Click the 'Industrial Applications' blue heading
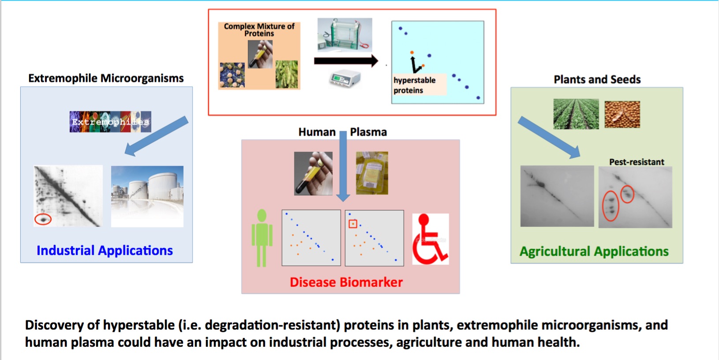click(x=105, y=251)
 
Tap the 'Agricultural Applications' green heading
click(x=594, y=251)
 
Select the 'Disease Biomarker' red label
click(x=346, y=282)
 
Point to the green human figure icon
click(x=262, y=238)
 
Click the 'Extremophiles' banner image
click(x=110, y=122)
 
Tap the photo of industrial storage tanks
click(x=147, y=196)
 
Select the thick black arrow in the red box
click(x=346, y=61)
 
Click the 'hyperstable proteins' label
click(x=414, y=85)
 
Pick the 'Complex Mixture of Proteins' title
click(x=259, y=30)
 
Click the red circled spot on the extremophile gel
click(x=43, y=219)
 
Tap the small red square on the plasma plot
click(x=353, y=224)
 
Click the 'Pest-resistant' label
click(x=637, y=162)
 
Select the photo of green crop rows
click(x=576, y=114)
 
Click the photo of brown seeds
click(x=622, y=114)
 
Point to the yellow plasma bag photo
click(x=372, y=173)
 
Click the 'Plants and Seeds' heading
click(x=597, y=79)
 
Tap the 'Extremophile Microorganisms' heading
click(x=106, y=79)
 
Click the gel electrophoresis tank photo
click(x=345, y=35)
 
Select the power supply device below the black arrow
click(x=345, y=79)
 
